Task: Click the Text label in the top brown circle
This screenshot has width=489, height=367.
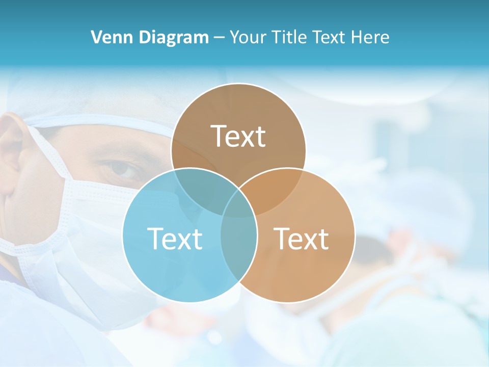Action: point(238,136)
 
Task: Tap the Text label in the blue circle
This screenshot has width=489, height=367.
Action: point(175,239)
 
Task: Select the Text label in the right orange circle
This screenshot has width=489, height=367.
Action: point(301,239)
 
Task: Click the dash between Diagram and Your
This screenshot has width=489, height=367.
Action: point(219,37)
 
